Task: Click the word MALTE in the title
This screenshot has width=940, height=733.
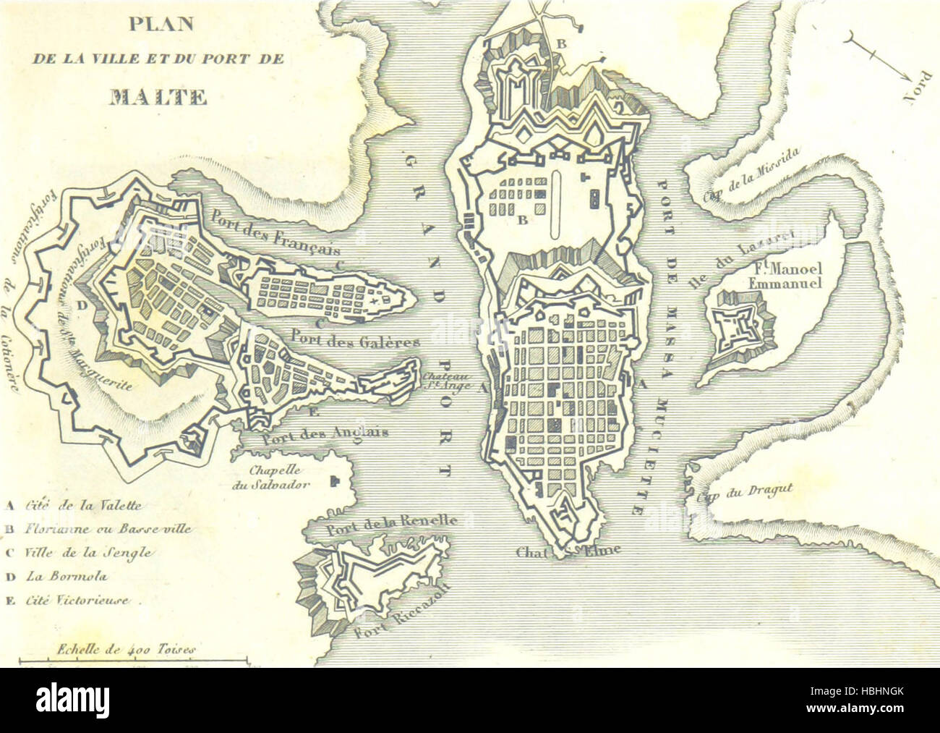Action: [x=155, y=96]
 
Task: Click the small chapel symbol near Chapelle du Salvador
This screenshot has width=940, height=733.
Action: [x=333, y=481]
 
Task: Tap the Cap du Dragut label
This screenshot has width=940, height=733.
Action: [x=745, y=494]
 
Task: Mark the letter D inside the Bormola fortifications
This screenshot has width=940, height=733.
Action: [x=81, y=305]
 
